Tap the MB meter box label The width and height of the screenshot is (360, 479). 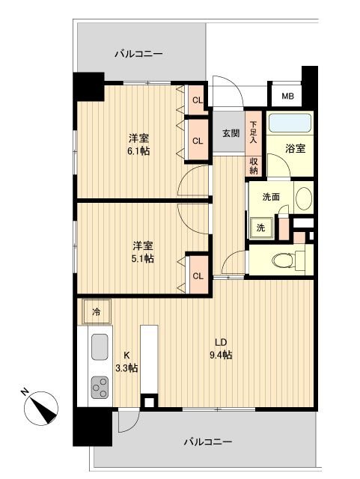(287, 97)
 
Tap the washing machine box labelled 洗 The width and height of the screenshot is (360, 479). (261, 227)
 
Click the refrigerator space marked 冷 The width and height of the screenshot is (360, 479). (96, 310)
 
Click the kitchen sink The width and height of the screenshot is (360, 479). (100, 347)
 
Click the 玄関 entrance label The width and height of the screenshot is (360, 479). (230, 133)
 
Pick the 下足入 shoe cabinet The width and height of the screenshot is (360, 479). (254, 132)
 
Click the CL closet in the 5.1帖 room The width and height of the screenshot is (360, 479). (198, 275)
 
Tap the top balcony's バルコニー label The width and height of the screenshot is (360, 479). (138, 54)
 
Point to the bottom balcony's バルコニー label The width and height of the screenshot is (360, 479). (207, 441)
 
